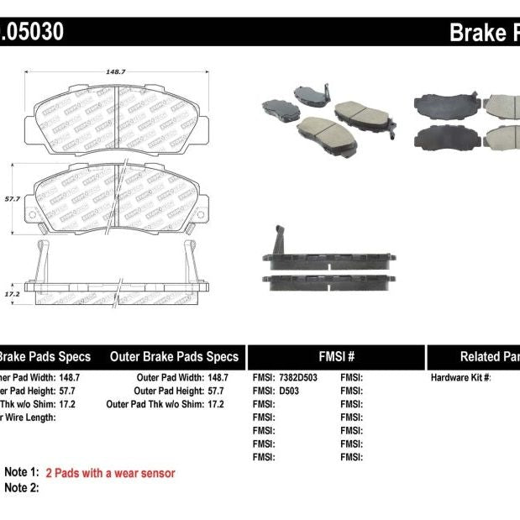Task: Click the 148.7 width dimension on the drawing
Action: pyautogui.click(x=116, y=72)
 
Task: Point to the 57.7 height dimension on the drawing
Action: pyautogui.click(x=11, y=198)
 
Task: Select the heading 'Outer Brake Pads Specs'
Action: pyautogui.click(x=174, y=356)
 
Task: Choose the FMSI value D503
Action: pyautogui.click(x=289, y=391)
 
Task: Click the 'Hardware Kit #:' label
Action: pyautogui.click(x=461, y=378)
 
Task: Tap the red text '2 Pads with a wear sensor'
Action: pyautogui.click(x=110, y=473)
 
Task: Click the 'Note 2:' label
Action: pyautogui.click(x=22, y=487)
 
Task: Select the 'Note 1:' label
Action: pyautogui.click(x=22, y=473)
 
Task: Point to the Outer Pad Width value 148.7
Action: pyautogui.click(x=215, y=378)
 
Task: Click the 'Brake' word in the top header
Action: pyautogui.click(x=477, y=33)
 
